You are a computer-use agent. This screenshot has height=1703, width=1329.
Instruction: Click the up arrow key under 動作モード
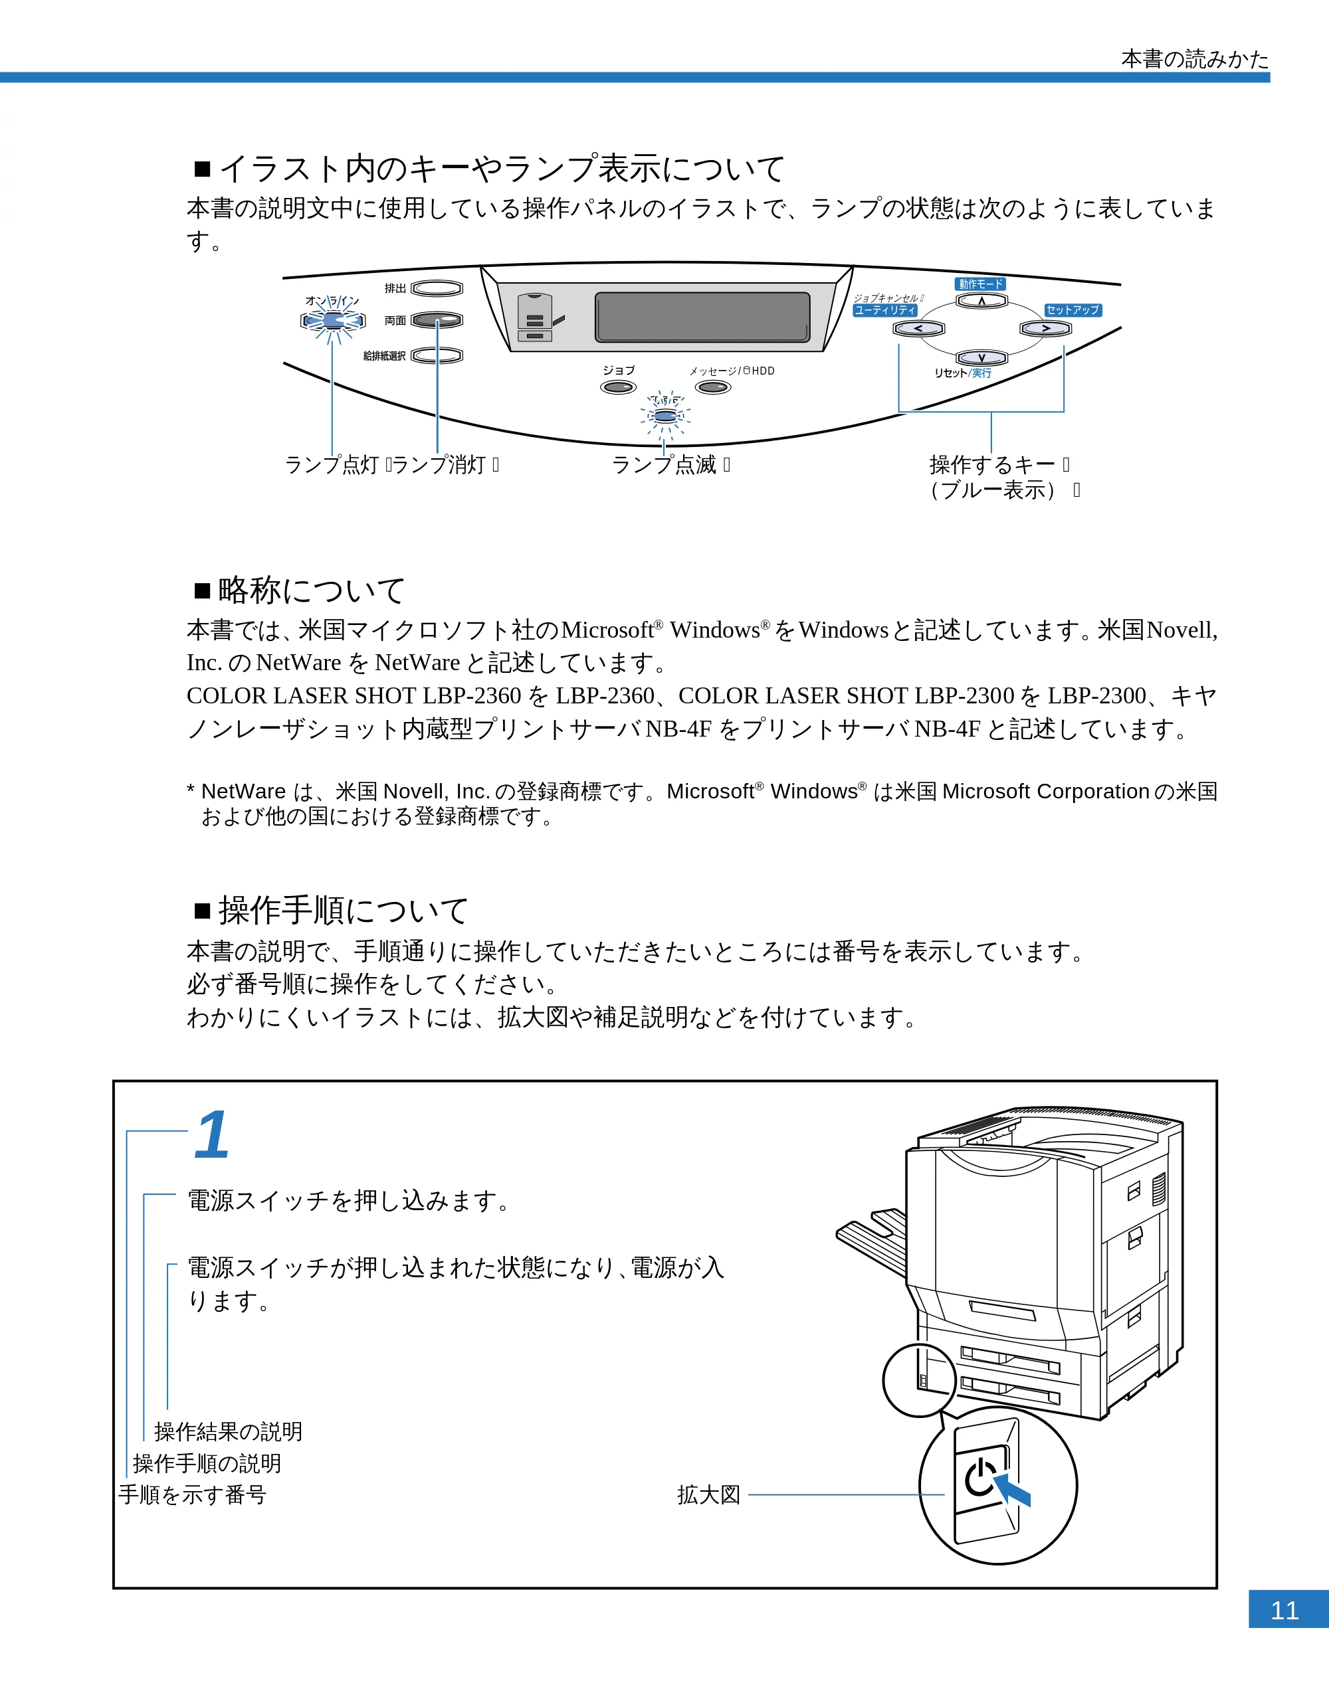point(982,301)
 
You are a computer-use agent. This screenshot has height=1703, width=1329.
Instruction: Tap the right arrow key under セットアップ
point(1046,328)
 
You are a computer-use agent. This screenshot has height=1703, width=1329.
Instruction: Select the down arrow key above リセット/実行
point(982,357)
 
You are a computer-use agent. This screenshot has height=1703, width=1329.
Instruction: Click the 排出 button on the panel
point(437,288)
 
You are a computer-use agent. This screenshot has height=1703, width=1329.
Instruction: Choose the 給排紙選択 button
point(437,355)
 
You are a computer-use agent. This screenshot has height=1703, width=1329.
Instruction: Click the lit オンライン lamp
point(333,321)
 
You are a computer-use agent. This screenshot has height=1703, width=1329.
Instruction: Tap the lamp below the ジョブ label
point(619,387)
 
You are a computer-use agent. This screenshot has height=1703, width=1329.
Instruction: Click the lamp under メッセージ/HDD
point(713,387)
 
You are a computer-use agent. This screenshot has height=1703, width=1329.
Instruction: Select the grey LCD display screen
point(702,317)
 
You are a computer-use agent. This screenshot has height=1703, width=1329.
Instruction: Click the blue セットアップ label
point(1073,310)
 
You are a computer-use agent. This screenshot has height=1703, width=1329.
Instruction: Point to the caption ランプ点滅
point(664,465)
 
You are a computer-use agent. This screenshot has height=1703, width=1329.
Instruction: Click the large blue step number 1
point(211,1134)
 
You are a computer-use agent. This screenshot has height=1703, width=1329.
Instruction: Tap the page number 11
point(1284,1610)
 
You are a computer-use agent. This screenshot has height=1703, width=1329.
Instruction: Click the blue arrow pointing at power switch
point(1011,1488)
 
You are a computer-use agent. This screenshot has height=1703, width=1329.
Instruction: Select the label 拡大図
point(708,1495)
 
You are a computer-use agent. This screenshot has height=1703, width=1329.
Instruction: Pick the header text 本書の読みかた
point(1195,58)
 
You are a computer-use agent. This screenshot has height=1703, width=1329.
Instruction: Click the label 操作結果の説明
point(228,1431)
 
